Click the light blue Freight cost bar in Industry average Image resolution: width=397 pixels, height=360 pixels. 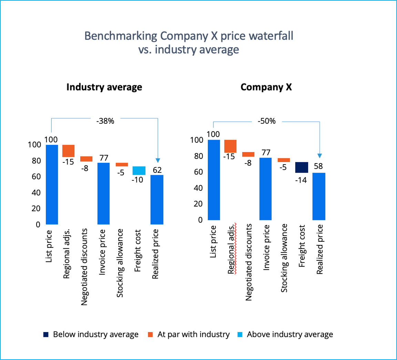139,171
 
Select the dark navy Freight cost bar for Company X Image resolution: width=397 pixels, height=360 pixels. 302,167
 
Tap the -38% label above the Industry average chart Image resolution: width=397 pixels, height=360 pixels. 105,122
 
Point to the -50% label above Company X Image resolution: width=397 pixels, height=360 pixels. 267,121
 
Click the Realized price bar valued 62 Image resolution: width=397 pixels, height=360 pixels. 157,199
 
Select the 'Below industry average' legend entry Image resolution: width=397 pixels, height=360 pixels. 91,334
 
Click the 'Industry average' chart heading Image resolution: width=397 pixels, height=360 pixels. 104,87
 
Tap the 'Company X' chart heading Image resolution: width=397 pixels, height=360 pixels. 266,87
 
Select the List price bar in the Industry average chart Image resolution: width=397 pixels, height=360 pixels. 52,184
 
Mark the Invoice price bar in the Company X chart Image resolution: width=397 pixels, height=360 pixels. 266,189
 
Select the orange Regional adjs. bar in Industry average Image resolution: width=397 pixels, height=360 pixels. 68,151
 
